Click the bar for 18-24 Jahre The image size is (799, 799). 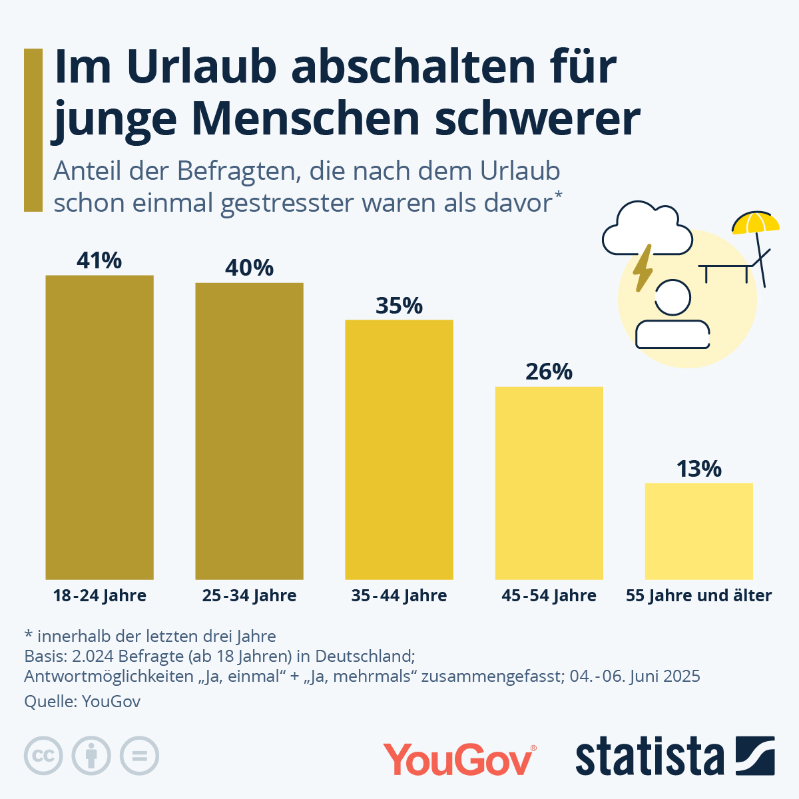point(99,427)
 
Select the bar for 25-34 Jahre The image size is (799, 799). point(249,431)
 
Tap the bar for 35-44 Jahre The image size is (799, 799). point(400,449)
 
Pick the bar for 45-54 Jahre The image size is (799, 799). point(549,483)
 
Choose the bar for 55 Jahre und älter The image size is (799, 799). point(699,531)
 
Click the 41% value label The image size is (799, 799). point(99,260)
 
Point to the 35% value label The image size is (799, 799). point(399,306)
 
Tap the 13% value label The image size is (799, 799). point(699,469)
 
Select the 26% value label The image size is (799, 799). point(549,372)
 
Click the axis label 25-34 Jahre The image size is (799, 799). point(249,595)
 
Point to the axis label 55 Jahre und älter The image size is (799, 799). point(698,595)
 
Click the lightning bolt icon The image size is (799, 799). point(643,268)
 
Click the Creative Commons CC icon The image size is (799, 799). point(43,756)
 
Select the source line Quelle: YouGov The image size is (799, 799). point(82,702)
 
